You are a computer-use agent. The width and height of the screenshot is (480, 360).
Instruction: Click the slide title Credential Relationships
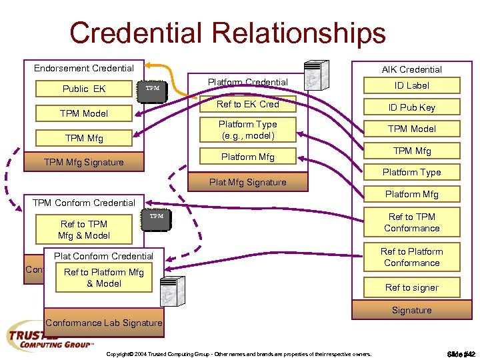pyautogui.click(x=227, y=33)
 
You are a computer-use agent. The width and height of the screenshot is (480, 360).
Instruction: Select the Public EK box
pyautogui.click(x=84, y=89)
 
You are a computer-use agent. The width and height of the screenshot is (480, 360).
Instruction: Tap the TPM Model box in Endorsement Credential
pyautogui.click(x=84, y=113)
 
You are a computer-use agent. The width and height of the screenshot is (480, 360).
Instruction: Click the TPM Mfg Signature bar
pyautogui.click(x=84, y=162)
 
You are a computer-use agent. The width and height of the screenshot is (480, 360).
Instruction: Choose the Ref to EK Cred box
pyautogui.click(x=247, y=105)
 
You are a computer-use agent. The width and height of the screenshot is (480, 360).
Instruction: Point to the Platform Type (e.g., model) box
pyautogui.click(x=247, y=129)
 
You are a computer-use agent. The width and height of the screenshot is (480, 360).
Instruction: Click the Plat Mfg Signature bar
pyautogui.click(x=247, y=182)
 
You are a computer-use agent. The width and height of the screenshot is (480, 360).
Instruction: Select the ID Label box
pyautogui.click(x=411, y=85)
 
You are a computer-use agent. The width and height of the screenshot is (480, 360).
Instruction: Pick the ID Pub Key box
pyautogui.click(x=411, y=107)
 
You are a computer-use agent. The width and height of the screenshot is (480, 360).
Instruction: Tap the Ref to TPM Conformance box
pyautogui.click(x=411, y=222)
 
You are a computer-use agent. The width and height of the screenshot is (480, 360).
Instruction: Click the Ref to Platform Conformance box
pyautogui.click(x=411, y=257)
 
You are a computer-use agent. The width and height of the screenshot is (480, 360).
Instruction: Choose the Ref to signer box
pyautogui.click(x=411, y=288)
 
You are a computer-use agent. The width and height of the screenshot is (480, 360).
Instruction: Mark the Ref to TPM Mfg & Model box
pyautogui.click(x=84, y=229)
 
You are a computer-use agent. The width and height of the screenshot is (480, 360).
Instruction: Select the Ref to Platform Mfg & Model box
pyautogui.click(x=103, y=277)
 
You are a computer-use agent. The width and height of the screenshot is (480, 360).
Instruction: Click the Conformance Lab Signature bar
pyautogui.click(x=104, y=323)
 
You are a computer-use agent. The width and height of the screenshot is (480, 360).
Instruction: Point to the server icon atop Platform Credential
pyautogui.click(x=315, y=74)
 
